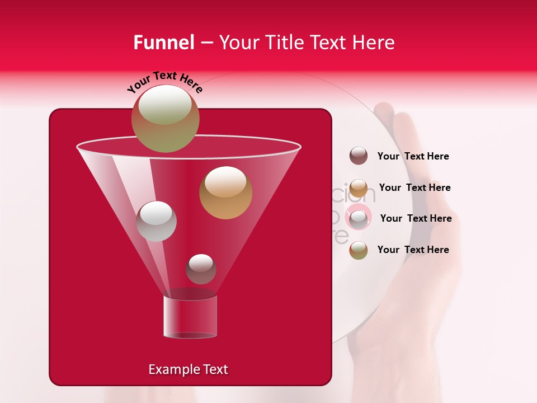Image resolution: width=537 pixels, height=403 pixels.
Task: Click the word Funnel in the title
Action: (163, 43)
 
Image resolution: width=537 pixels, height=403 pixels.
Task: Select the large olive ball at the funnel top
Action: (166, 118)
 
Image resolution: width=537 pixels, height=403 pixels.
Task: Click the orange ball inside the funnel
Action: (225, 193)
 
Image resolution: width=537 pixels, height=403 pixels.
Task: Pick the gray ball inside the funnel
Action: (156, 221)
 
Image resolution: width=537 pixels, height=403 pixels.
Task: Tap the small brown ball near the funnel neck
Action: (201, 269)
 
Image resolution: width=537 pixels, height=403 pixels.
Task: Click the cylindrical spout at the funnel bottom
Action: (190, 317)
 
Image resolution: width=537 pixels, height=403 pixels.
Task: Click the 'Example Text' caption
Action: (188, 369)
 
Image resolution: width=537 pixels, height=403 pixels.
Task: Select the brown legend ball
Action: (359, 156)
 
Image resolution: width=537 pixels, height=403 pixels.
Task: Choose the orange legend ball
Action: (359, 188)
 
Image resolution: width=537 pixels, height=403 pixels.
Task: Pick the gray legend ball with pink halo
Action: (359, 218)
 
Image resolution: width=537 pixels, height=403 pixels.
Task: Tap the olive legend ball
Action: (359, 250)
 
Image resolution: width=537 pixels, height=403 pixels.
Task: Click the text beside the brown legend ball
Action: (413, 156)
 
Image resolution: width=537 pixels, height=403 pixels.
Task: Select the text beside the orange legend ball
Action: (414, 188)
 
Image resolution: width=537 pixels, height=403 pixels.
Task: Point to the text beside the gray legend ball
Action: (416, 218)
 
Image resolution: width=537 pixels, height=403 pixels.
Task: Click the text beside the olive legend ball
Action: (413, 250)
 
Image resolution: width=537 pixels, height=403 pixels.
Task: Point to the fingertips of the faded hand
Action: (392, 112)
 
